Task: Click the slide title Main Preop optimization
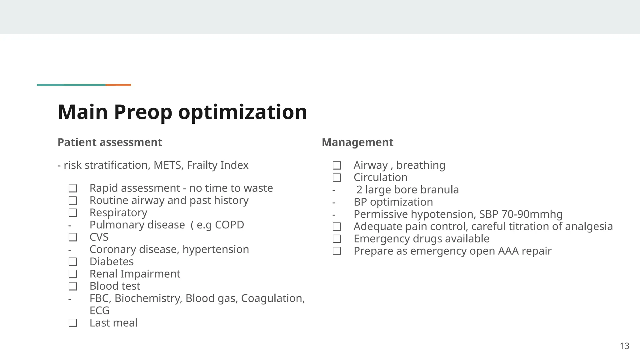182,112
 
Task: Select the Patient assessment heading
110,142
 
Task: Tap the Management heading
357,142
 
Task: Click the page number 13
624,346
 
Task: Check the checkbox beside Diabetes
73,262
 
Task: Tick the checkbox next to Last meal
73,323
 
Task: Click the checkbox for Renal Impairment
73,274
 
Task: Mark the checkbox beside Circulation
337,177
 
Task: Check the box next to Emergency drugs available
337,239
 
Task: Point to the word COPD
229,225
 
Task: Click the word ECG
99,311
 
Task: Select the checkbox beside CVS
73,237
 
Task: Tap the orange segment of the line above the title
118,85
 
